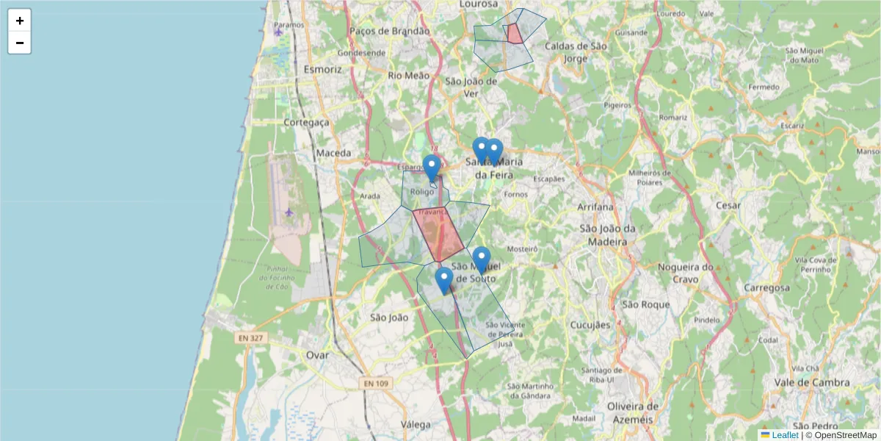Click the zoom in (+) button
coord(20,21)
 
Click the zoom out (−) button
coord(20,43)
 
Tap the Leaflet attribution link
coord(784,435)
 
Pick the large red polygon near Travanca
coord(438,234)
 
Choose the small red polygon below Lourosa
coord(515,34)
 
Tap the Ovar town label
coord(318,355)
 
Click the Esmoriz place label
coord(322,69)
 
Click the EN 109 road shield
coord(375,383)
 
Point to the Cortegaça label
coord(306,122)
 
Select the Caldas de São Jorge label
coord(576,52)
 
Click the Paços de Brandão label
coord(389,31)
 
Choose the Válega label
coord(416,424)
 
